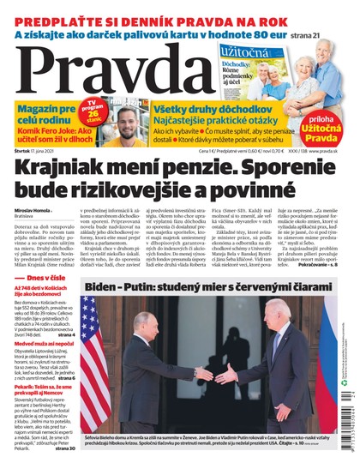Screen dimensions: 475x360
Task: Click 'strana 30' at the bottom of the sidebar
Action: (x=65, y=448)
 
